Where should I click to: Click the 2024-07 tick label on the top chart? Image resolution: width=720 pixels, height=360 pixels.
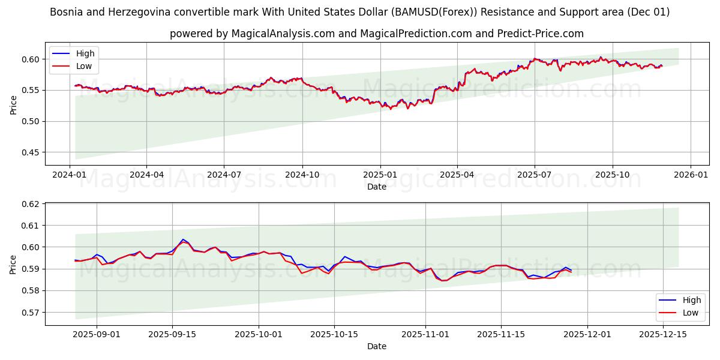pos(224,175)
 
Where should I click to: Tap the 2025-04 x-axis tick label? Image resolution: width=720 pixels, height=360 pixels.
pos(457,175)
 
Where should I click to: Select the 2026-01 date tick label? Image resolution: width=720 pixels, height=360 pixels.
pos(690,175)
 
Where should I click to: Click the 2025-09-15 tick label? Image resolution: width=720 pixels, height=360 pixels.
pos(172,334)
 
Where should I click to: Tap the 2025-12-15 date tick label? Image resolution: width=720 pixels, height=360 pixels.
pos(664,334)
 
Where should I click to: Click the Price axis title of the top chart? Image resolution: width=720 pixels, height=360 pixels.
pos(14,104)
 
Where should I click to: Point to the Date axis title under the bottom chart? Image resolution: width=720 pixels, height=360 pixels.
pos(376,346)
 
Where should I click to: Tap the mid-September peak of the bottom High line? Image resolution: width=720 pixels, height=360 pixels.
pos(183,239)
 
